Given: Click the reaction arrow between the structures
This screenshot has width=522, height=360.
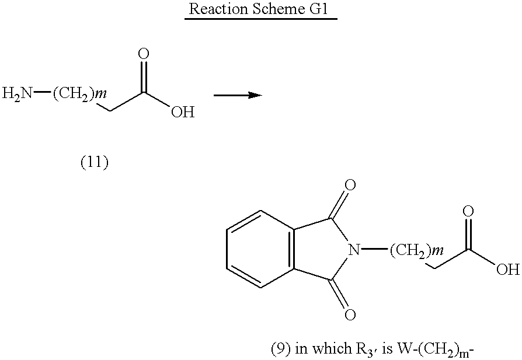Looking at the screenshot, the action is tap(238, 96).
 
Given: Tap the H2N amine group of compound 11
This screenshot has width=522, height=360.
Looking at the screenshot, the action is tap(18, 93).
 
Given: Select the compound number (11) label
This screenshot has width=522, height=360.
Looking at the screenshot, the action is tap(95, 162).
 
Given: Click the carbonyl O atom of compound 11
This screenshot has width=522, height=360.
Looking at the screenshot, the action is tap(144, 54).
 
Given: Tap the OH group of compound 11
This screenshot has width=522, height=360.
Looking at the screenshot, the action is tap(183, 112).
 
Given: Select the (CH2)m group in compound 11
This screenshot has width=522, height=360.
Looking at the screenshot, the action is tap(79, 94).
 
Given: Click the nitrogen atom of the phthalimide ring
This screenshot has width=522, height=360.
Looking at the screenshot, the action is tap(354, 249).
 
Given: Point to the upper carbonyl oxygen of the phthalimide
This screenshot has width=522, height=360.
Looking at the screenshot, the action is tap(350, 185).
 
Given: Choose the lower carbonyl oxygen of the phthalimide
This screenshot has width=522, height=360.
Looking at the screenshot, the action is tap(350, 314).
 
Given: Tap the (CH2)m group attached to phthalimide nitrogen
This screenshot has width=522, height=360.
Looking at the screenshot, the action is tap(416, 250).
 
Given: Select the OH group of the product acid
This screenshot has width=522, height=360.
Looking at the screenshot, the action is tap(508, 269).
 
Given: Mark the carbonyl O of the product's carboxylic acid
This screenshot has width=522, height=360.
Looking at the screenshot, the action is tap(468, 211).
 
